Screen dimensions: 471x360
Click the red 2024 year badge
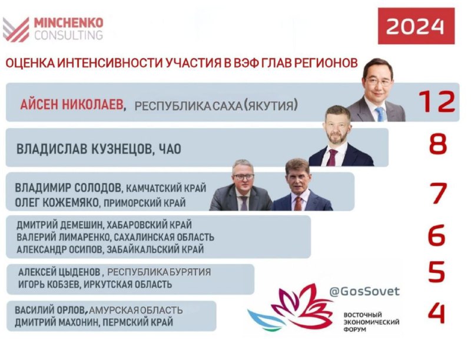(416, 26)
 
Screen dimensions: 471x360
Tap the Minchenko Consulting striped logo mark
(16, 29)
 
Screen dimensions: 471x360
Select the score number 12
(437, 101)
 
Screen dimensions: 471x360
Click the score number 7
(438, 193)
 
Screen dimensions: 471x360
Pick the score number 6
(436, 235)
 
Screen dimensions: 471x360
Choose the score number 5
(436, 272)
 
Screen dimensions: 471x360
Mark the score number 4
(436, 313)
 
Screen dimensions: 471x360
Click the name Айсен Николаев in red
(72, 105)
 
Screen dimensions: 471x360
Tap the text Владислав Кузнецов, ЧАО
(99, 149)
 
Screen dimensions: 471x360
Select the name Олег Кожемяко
(57, 203)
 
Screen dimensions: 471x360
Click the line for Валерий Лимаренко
(115, 237)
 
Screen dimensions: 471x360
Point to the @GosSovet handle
(364, 291)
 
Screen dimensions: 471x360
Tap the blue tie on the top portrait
(380, 114)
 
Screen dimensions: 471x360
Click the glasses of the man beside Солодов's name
(243, 177)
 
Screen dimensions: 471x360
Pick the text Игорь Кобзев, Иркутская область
(95, 284)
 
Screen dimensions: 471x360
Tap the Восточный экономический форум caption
(372, 322)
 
